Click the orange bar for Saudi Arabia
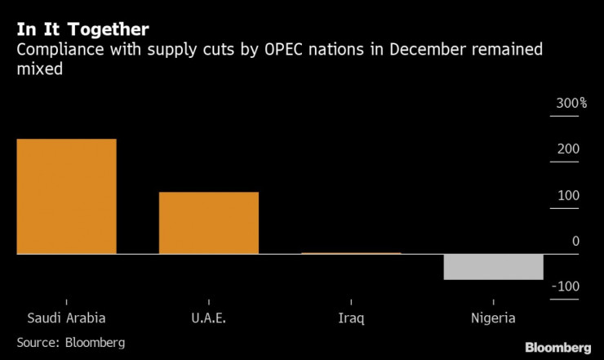coord(67,196)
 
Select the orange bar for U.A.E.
coord(208,223)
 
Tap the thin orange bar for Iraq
coord(351,253)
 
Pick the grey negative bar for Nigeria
coord(493,267)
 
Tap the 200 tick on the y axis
coord(568,149)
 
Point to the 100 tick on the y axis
coord(568,196)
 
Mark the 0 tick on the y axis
coord(575,242)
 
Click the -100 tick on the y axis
coord(566,287)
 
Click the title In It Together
coord(82,30)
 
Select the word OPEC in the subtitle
coord(289,51)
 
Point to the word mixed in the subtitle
coord(39,70)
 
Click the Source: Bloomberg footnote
coord(71,342)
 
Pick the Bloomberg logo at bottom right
coord(557,346)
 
